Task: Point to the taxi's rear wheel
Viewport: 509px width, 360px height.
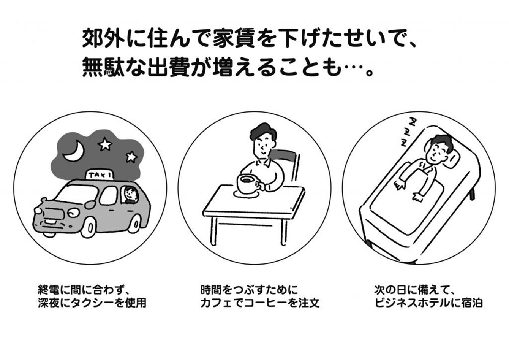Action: coord(136,224)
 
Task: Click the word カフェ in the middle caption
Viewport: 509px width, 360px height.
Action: coord(217,303)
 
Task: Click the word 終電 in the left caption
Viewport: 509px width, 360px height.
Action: coord(49,290)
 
